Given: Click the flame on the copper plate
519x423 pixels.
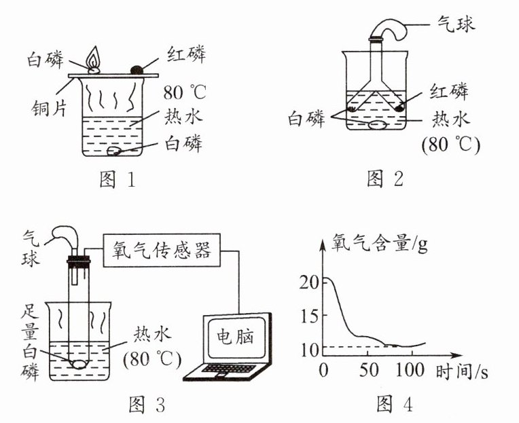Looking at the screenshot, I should coord(94,56).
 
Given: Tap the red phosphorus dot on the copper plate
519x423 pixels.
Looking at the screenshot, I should coord(136,68).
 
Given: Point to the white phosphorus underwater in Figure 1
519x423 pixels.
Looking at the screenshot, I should coord(117,150).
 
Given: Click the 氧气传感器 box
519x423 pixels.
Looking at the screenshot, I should coord(164,253).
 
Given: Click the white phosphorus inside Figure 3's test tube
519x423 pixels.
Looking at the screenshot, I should coord(79,363).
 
